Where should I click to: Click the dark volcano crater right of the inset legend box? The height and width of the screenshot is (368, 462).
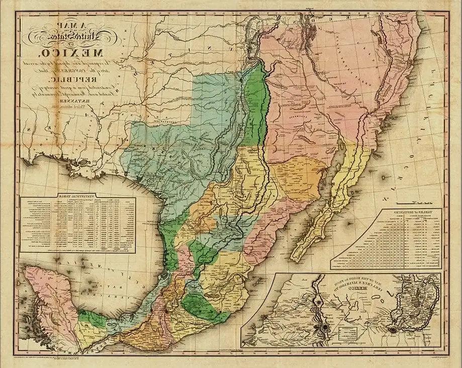[393, 330]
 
